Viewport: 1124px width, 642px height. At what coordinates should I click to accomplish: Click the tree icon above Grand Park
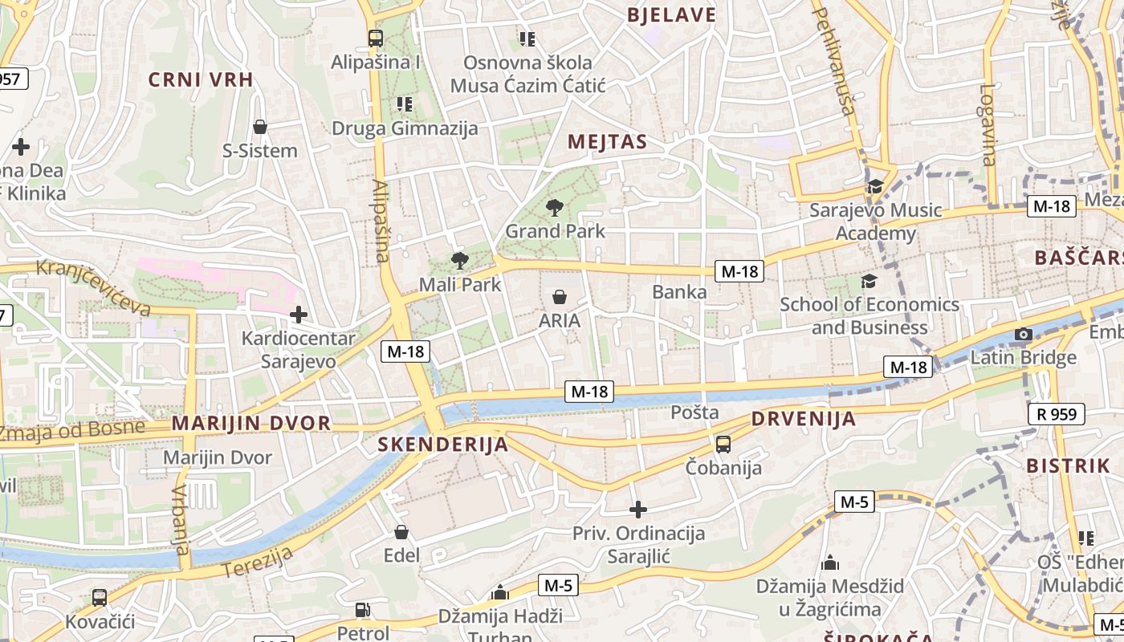pyautogui.click(x=554, y=208)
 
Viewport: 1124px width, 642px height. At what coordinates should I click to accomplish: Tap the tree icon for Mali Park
pyautogui.click(x=459, y=260)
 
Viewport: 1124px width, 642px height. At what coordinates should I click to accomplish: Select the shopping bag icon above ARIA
pyautogui.click(x=560, y=297)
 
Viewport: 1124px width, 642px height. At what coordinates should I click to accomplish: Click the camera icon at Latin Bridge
pyautogui.click(x=1023, y=334)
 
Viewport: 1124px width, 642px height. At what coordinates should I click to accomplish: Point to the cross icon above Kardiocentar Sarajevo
pyautogui.click(x=299, y=315)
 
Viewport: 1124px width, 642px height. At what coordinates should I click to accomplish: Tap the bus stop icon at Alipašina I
pyautogui.click(x=375, y=38)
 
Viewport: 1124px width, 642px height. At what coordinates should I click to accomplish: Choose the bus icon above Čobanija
pyautogui.click(x=723, y=444)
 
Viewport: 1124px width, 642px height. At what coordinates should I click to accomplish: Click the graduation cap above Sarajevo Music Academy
pyautogui.click(x=874, y=187)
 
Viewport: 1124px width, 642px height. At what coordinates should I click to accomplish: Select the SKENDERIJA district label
pyautogui.click(x=443, y=445)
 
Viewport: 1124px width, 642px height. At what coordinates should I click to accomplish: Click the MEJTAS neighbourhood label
pyautogui.click(x=607, y=142)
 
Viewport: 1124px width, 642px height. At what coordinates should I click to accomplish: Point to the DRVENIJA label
pyautogui.click(x=804, y=419)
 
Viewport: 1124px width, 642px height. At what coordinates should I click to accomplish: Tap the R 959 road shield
pyautogui.click(x=1057, y=414)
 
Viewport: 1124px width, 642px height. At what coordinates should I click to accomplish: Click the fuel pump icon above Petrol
pyautogui.click(x=363, y=610)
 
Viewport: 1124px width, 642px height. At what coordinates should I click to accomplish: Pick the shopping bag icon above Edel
pyautogui.click(x=401, y=532)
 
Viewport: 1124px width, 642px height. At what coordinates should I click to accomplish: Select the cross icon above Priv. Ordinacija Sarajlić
pyautogui.click(x=638, y=510)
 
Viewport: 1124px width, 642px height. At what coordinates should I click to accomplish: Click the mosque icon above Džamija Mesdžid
pyautogui.click(x=830, y=563)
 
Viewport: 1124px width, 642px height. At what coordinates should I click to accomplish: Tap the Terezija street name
pyautogui.click(x=258, y=561)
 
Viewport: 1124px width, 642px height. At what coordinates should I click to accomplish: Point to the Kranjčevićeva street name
pyautogui.click(x=94, y=286)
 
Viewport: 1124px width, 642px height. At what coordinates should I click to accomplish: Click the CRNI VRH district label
pyautogui.click(x=201, y=79)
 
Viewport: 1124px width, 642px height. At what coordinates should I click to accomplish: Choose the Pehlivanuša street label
pyautogui.click(x=835, y=60)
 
